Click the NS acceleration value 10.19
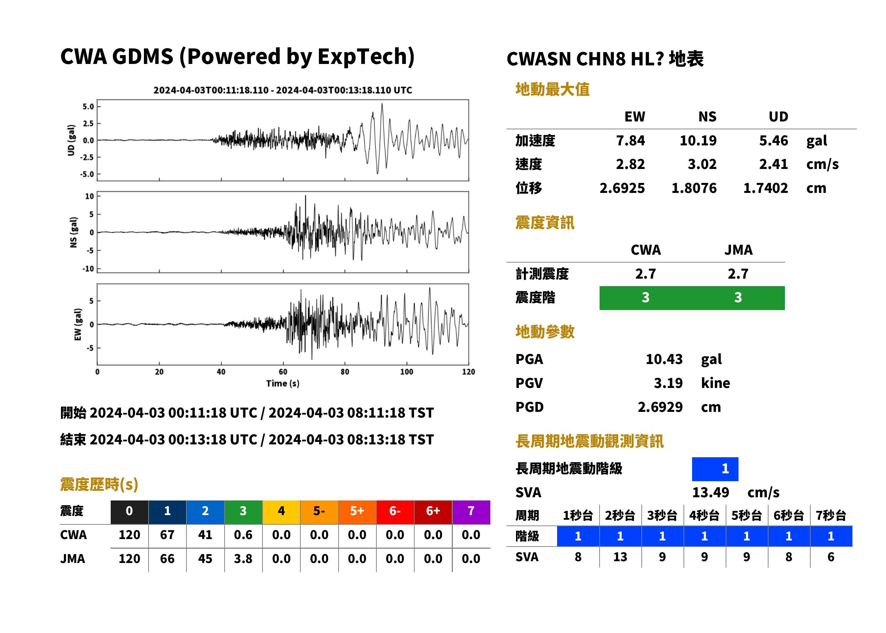(698, 141)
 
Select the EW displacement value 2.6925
(622, 188)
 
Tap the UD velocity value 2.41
(774, 164)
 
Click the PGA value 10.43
(664, 359)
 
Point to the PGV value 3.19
(668, 383)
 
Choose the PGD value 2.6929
(660, 407)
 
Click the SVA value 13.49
(711, 493)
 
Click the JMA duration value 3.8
(243, 559)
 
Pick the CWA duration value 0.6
(243, 535)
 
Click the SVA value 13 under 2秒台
(620, 557)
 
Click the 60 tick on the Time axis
(283, 372)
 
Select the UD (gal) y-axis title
(71, 140)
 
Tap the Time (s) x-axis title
(283, 384)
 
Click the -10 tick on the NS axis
(89, 269)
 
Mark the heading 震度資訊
(545, 223)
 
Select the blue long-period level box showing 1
(715, 469)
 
